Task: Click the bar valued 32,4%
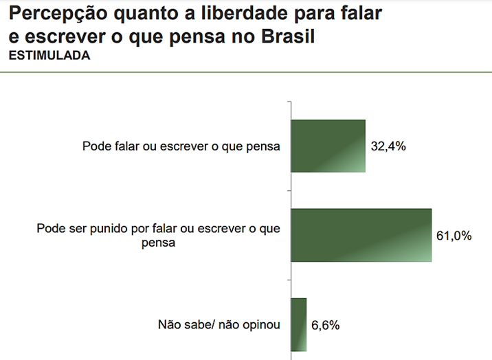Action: (328, 146)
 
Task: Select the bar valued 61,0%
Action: (361, 235)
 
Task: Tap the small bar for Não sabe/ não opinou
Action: (298, 324)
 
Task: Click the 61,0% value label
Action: (454, 236)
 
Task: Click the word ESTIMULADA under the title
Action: (49, 56)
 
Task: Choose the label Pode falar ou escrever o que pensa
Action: (181, 146)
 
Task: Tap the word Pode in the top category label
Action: (95, 146)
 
